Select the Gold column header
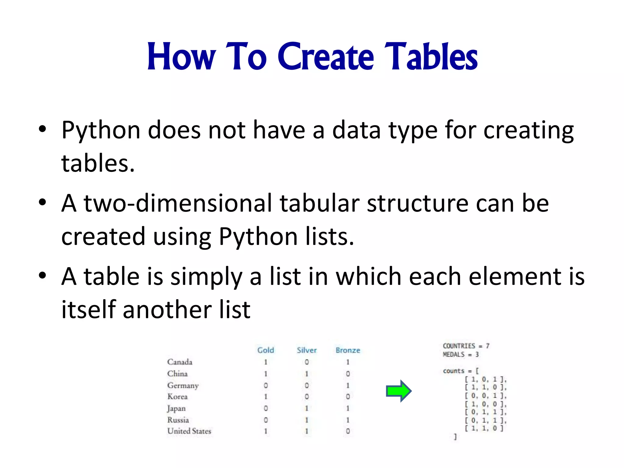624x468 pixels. click(265, 350)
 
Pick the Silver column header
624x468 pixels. click(307, 350)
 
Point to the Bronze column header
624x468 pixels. click(348, 350)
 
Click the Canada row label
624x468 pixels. click(180, 362)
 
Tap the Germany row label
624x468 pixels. click(183, 385)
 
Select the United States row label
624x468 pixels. click(189, 431)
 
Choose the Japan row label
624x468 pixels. click(176, 408)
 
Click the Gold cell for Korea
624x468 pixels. click(266, 397)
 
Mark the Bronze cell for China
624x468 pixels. click(348, 374)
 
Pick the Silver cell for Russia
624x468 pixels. click(307, 420)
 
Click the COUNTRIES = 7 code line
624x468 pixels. click(466, 346)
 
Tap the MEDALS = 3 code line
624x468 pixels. click(461, 354)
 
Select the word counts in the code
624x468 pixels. click(453, 371)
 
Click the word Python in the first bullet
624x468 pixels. click(101, 130)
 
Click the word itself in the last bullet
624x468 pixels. click(89, 310)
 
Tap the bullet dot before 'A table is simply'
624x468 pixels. click(42, 275)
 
